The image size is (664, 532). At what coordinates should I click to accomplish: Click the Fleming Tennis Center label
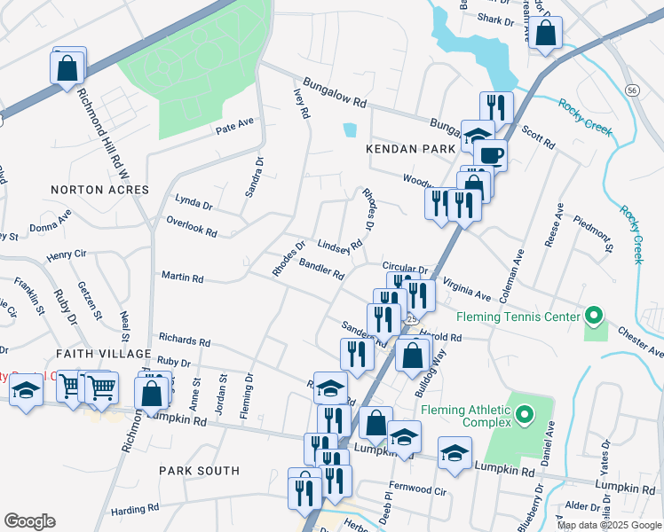[517, 317]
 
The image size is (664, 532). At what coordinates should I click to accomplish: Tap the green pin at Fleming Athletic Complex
[525, 414]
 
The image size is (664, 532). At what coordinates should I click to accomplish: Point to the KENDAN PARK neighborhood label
[409, 150]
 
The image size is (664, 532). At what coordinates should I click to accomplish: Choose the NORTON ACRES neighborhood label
[91, 190]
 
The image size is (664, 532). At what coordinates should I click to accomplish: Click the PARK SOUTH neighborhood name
[199, 471]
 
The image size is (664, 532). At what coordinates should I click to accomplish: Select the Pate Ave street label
[234, 129]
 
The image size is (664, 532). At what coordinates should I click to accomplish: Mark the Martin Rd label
[182, 278]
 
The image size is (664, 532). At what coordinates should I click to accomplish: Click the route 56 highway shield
[632, 90]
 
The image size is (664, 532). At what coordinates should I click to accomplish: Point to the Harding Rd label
[134, 509]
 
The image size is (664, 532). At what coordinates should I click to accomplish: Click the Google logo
[29, 521]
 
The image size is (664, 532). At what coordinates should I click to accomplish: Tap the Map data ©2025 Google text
[608, 525]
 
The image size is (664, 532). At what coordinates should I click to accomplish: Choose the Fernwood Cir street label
[416, 489]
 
